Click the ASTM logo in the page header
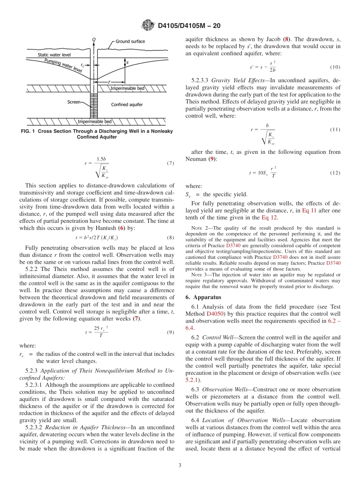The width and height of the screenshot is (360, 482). tap(148, 26)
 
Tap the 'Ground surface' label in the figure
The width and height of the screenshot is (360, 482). tap(130, 41)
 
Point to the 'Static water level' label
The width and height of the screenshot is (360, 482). tap(54, 55)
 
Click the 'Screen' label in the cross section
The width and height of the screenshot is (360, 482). tap(74, 102)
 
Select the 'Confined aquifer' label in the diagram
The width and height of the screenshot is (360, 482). tap(127, 104)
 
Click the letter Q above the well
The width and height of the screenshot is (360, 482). tap(94, 39)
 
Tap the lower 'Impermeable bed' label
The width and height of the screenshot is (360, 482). tap(94, 122)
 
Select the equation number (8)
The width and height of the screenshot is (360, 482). tap(170, 238)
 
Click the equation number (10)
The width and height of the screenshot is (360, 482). tap(335, 67)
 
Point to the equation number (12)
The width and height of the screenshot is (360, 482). tap(335, 173)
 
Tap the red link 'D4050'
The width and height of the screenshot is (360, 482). tap(215, 314)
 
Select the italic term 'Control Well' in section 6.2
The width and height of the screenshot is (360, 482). tap(217, 337)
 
